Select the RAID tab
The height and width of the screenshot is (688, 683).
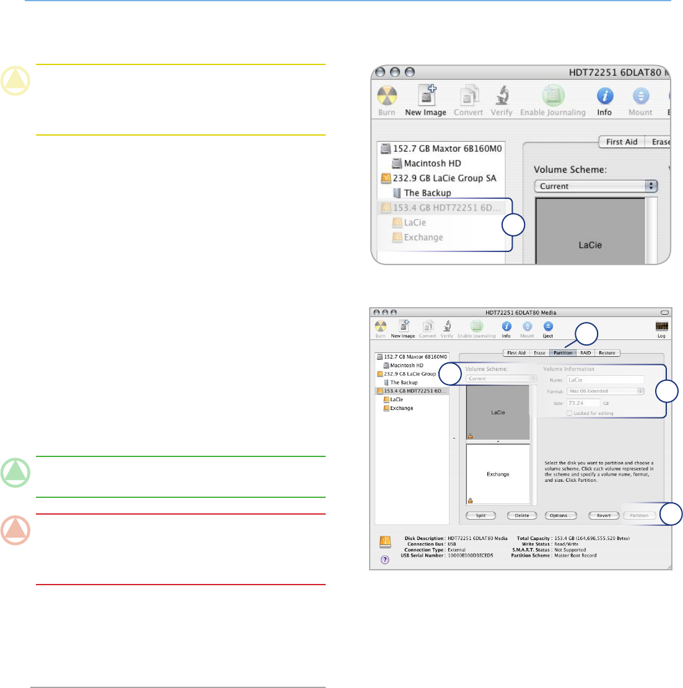point(585,353)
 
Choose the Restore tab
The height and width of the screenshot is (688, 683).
point(607,353)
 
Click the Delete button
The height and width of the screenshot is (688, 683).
point(521,515)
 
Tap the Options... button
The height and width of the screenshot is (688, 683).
point(560,515)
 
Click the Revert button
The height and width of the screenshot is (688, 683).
point(603,515)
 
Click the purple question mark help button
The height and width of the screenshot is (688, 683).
point(385,560)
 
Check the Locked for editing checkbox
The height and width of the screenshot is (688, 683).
point(570,413)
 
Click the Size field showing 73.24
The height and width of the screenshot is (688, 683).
point(583,403)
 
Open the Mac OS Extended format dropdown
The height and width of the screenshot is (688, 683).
point(606,391)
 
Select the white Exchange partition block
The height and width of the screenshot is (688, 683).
point(498,474)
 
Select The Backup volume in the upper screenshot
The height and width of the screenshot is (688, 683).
point(427,193)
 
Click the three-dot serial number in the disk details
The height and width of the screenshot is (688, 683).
point(470,555)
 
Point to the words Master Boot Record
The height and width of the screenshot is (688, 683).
point(575,555)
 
